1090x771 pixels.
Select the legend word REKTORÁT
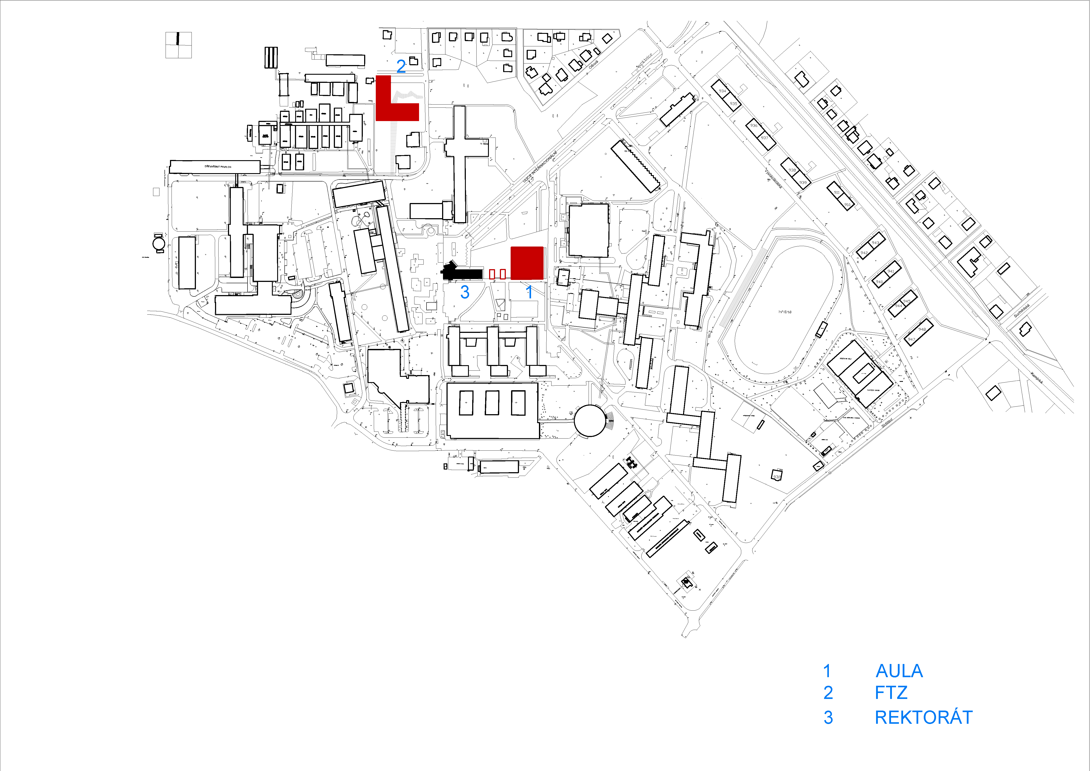point(923,717)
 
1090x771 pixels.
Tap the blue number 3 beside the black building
point(465,292)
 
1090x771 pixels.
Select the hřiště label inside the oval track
point(785,312)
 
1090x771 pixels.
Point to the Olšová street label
point(593,64)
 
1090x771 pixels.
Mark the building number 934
point(722,91)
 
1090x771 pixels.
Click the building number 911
point(837,192)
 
